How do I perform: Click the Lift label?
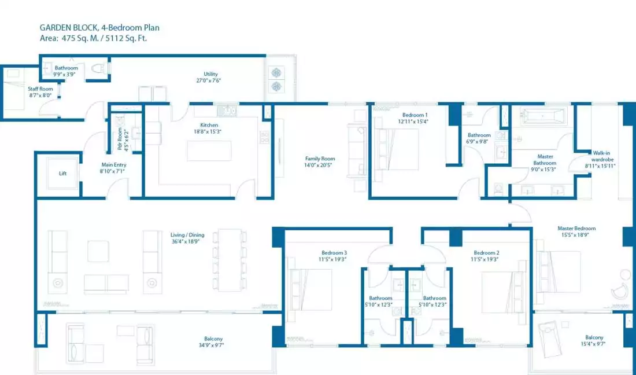click(63, 174)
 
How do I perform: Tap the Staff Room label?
click(40, 89)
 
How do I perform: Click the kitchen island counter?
click(209, 150)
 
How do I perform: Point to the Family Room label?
click(320, 159)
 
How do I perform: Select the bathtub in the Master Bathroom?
click(543, 116)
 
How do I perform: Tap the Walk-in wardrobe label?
click(601, 156)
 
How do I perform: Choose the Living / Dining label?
click(187, 235)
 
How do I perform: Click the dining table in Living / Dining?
click(230, 260)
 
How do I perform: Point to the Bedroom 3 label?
click(334, 253)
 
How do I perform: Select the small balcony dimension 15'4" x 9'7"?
click(594, 344)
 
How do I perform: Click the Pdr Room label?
click(120, 141)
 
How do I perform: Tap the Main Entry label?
click(113, 165)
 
